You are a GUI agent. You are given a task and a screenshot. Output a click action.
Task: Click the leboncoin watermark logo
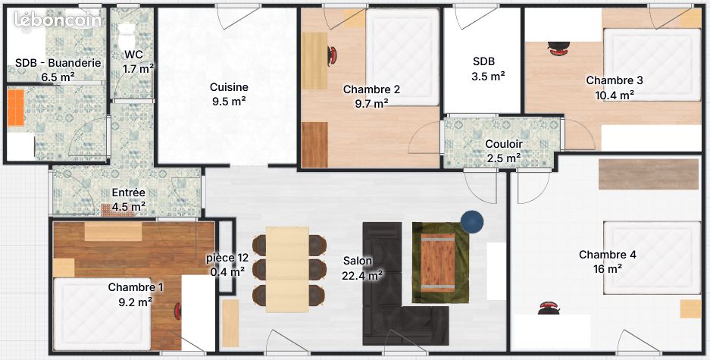click(57, 20)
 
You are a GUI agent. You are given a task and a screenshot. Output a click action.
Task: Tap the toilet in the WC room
click(126, 36)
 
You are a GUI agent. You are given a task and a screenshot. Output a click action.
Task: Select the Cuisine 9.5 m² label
click(229, 94)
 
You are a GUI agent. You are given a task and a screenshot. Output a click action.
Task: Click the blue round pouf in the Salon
click(472, 221)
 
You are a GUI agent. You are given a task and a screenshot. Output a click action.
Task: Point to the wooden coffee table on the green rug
click(438, 263)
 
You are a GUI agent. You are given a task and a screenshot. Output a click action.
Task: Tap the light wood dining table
click(287, 270)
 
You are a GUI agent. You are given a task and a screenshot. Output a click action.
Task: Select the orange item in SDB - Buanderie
click(16, 108)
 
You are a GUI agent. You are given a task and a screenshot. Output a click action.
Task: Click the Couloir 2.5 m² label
click(504, 151)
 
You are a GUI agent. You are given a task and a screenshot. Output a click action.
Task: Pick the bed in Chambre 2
click(402, 57)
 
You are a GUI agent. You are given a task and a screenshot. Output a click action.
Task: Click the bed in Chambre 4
click(652, 258)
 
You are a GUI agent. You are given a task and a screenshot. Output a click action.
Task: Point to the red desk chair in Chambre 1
click(178, 311)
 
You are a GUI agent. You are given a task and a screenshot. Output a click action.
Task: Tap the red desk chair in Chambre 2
click(332, 55)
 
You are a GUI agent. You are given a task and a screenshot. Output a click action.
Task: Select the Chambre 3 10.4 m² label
click(615, 87)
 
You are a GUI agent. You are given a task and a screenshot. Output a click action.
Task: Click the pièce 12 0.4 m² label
click(227, 265)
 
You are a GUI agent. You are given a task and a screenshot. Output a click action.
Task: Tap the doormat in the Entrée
click(117, 210)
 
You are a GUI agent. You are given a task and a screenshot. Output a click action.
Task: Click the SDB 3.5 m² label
click(488, 69)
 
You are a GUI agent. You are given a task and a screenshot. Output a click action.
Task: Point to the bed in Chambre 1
click(102, 315)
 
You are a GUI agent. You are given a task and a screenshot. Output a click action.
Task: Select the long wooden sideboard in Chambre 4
click(649, 174)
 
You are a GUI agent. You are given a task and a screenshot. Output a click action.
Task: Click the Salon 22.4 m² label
click(362, 268)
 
